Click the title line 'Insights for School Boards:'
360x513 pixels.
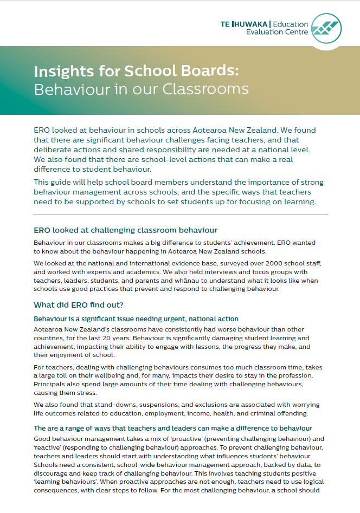(136, 72)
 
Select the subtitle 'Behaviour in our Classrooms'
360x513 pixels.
(141, 89)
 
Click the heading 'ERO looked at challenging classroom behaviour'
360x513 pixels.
(126, 230)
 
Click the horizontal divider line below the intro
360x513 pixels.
(180, 214)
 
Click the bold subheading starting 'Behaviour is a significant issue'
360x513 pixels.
(136, 319)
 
